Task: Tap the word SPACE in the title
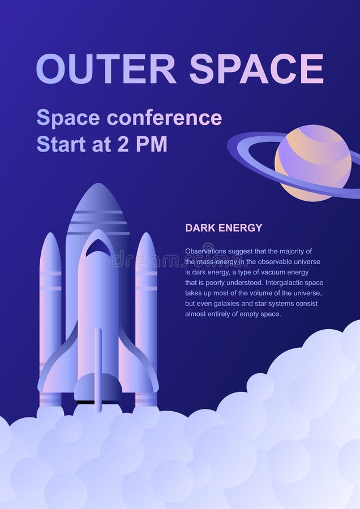pyautogui.click(x=256, y=69)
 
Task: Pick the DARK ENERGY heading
pyautogui.click(x=224, y=228)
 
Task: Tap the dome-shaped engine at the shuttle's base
pyautogui.click(x=98, y=387)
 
